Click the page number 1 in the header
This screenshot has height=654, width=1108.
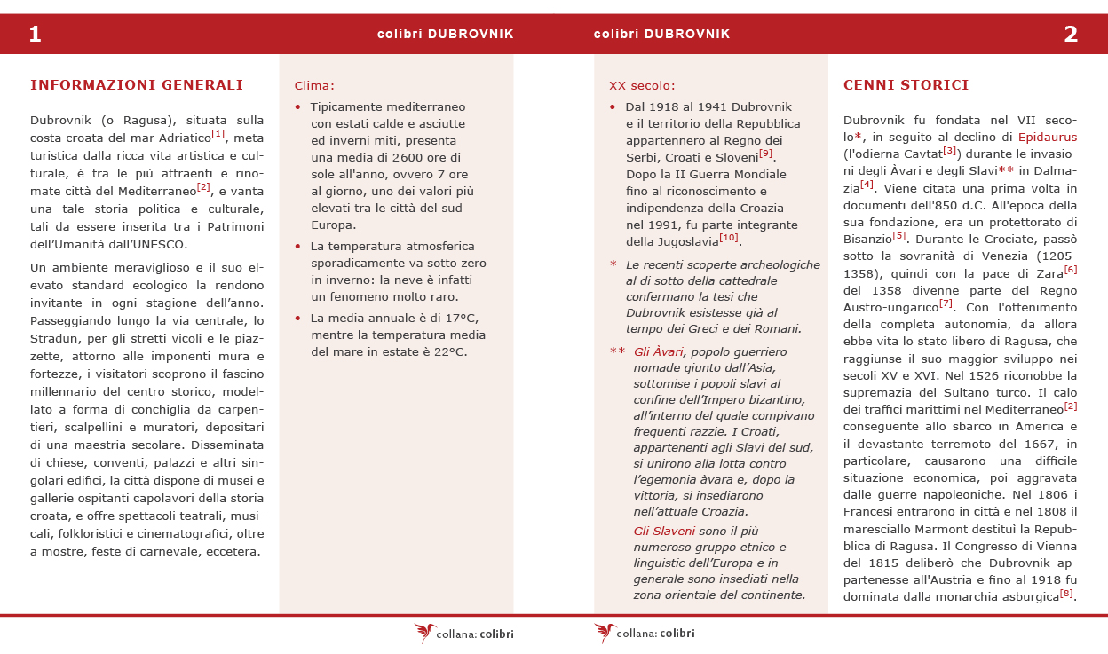pos(36,35)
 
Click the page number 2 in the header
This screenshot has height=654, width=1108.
pos(1071,35)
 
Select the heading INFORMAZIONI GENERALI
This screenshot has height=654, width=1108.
pos(137,85)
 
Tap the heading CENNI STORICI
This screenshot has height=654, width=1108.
pos(906,85)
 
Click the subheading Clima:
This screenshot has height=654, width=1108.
pos(314,86)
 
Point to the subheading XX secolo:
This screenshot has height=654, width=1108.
pos(642,86)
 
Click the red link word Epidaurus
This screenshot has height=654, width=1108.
pos(1048,138)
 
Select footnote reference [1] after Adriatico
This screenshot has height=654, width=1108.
pos(218,134)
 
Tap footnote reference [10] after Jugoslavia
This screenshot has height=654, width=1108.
pos(729,237)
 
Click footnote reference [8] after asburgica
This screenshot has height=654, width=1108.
pos(1066,593)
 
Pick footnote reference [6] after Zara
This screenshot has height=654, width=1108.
pos(1070,270)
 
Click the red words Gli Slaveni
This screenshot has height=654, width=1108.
pos(664,532)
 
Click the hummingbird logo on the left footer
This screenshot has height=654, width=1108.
pos(425,633)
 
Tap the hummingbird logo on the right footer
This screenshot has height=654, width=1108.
pos(605,633)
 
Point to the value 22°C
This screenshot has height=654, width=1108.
pos(449,351)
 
